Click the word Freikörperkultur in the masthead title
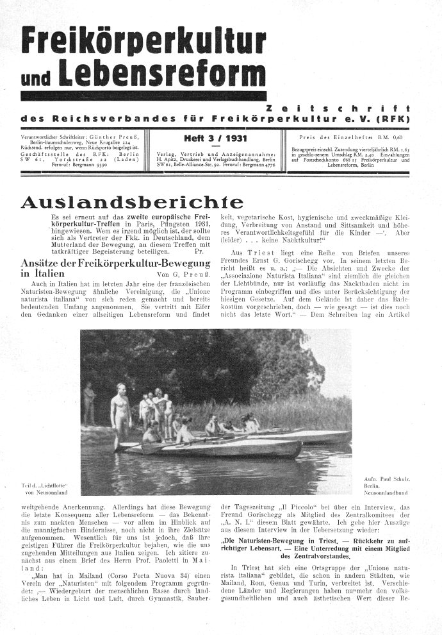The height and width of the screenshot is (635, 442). tap(143, 43)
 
